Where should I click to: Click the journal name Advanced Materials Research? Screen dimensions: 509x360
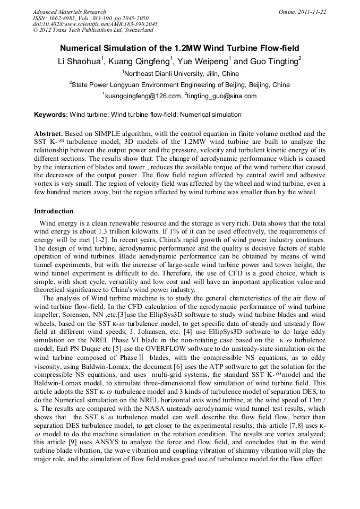tap(69, 12)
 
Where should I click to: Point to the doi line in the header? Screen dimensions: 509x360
tap(95, 24)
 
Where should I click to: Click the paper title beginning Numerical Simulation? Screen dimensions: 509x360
tap(179, 48)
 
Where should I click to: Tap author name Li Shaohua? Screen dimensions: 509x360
tap(80, 62)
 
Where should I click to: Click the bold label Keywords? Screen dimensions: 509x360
tap(51, 115)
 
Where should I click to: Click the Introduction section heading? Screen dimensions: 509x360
tap(54, 211)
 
